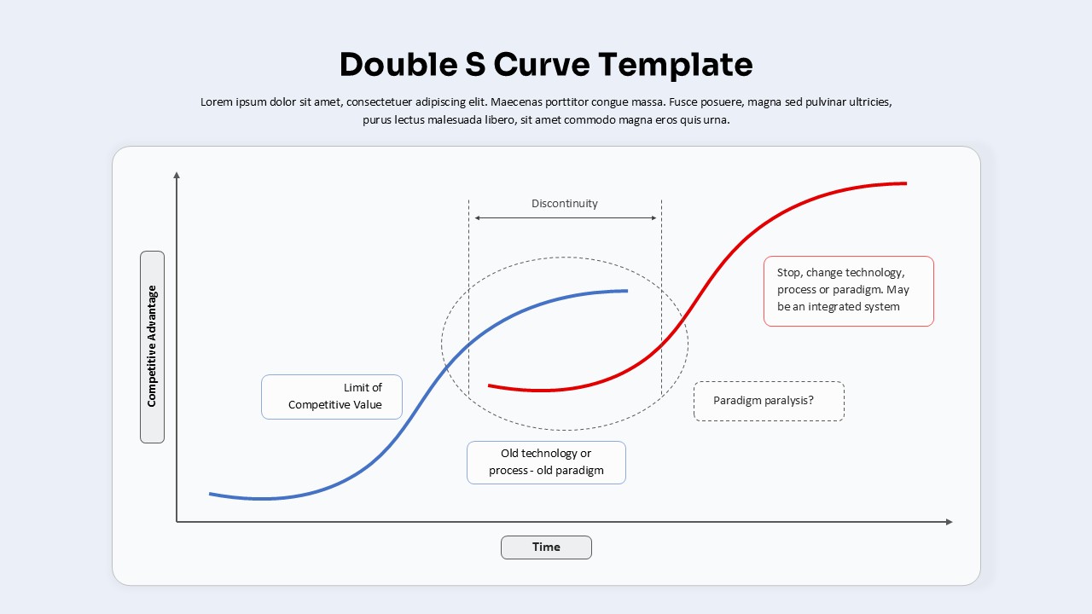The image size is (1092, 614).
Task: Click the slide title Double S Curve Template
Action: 546,65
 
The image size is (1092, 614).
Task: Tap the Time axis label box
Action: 546,547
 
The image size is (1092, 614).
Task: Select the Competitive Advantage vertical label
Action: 152,346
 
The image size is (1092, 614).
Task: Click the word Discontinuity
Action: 565,204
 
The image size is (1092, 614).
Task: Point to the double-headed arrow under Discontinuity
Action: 565,218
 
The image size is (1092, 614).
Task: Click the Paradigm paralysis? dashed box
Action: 769,401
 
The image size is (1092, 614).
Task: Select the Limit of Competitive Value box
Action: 332,397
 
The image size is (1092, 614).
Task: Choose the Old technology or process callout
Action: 546,462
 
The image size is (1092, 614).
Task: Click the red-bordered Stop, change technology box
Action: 848,291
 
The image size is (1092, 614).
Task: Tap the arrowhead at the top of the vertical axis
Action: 177,175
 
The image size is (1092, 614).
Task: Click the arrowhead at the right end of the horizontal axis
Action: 949,522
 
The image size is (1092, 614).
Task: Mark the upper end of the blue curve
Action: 626,291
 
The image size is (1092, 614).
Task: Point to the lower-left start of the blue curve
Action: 211,494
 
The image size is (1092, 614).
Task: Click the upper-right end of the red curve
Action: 904,183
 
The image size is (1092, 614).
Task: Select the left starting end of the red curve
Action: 490,385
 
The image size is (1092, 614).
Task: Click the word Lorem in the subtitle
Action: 217,102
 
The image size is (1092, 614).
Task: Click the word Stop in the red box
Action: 789,273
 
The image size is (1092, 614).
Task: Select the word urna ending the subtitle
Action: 715,120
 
